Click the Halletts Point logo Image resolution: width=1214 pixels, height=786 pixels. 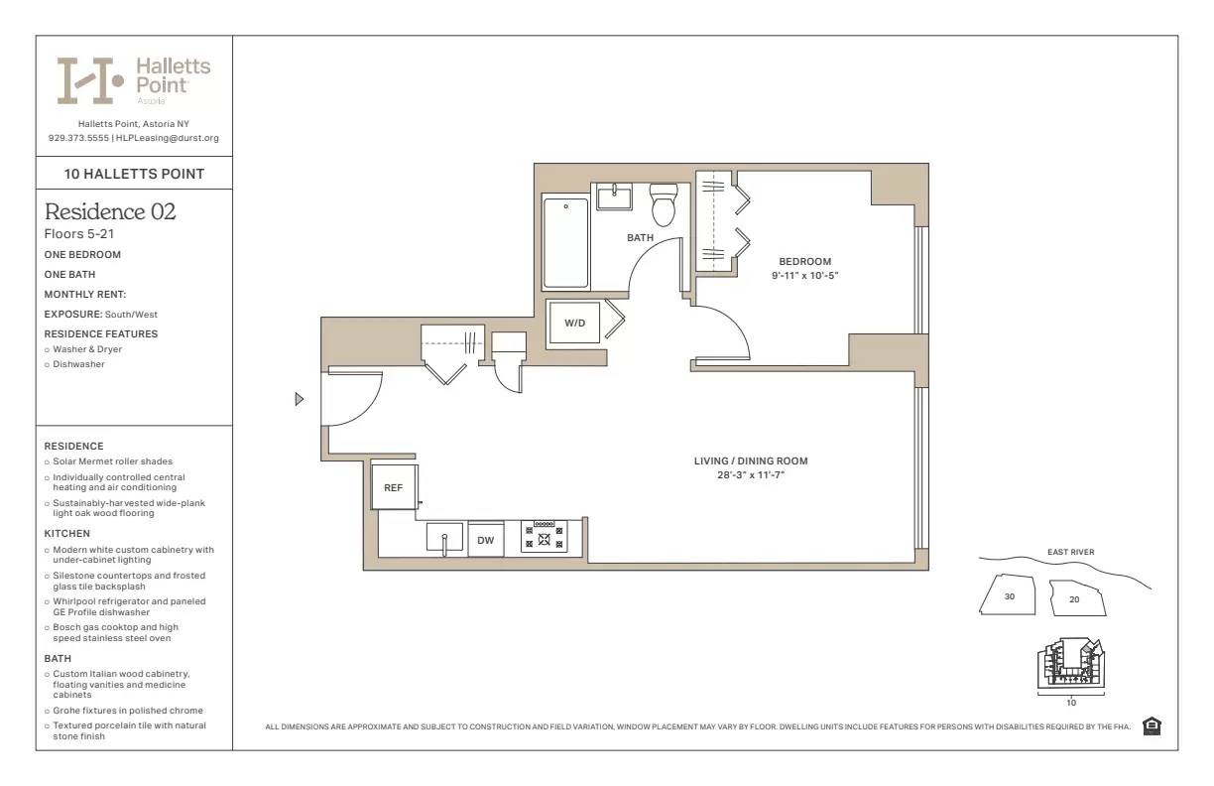pyautogui.click(x=134, y=79)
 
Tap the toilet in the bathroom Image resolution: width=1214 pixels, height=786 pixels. pyautogui.click(x=663, y=206)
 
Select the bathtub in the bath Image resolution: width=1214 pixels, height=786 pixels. pyautogui.click(x=565, y=242)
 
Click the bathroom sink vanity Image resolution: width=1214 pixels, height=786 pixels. pyautogui.click(x=614, y=196)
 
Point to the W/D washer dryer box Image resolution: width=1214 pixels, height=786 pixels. pyautogui.click(x=575, y=323)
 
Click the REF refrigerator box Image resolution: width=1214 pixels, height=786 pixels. pyautogui.click(x=394, y=487)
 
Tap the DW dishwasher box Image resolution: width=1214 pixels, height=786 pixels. pyautogui.click(x=486, y=540)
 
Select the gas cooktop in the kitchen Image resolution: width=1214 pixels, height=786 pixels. pyautogui.click(x=544, y=537)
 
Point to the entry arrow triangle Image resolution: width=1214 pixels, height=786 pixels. pyautogui.click(x=300, y=399)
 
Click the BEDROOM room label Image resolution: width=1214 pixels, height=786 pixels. pyautogui.click(x=804, y=261)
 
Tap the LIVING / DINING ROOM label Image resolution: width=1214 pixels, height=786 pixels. pyautogui.click(x=750, y=460)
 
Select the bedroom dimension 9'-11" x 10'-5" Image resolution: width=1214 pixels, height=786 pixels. pyautogui.click(x=804, y=275)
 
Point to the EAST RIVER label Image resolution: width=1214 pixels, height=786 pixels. pyautogui.click(x=1070, y=552)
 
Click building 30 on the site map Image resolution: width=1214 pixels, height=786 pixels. pyautogui.click(x=1008, y=596)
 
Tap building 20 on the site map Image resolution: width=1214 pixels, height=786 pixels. pyautogui.click(x=1076, y=598)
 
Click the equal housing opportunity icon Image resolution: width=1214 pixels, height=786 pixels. pyautogui.click(x=1152, y=726)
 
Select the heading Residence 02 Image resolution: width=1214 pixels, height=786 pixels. pyautogui.click(x=110, y=211)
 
